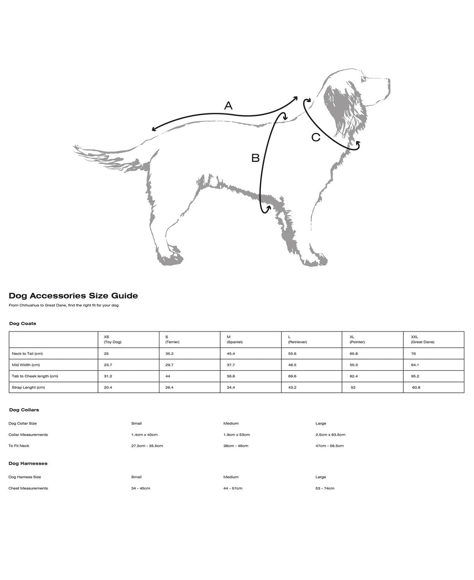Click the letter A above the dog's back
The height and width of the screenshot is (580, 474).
[228, 105]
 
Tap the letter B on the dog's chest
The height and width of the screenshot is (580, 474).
[255, 158]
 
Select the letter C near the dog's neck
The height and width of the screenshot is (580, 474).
[315, 137]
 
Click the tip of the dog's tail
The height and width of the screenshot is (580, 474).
[75, 147]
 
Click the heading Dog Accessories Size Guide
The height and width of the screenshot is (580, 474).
[73, 296]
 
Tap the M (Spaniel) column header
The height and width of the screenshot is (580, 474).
[235, 339]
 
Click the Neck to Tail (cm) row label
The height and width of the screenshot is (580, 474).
[27, 354]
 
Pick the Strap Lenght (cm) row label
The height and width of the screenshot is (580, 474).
[28, 388]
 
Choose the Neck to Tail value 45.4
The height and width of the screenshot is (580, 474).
[231, 354]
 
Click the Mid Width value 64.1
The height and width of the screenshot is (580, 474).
[415, 365]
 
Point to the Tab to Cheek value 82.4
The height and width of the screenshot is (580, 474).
[354, 376]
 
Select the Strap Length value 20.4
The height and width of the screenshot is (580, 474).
[108, 388]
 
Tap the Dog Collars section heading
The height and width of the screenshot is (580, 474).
[24, 410]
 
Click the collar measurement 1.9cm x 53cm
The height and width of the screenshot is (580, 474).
[236, 434]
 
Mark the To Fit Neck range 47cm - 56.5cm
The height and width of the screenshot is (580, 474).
[330, 446]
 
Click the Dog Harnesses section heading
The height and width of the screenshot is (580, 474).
[28, 463]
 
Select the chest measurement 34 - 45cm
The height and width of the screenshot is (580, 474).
[141, 488]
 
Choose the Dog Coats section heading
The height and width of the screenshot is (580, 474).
[23, 324]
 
